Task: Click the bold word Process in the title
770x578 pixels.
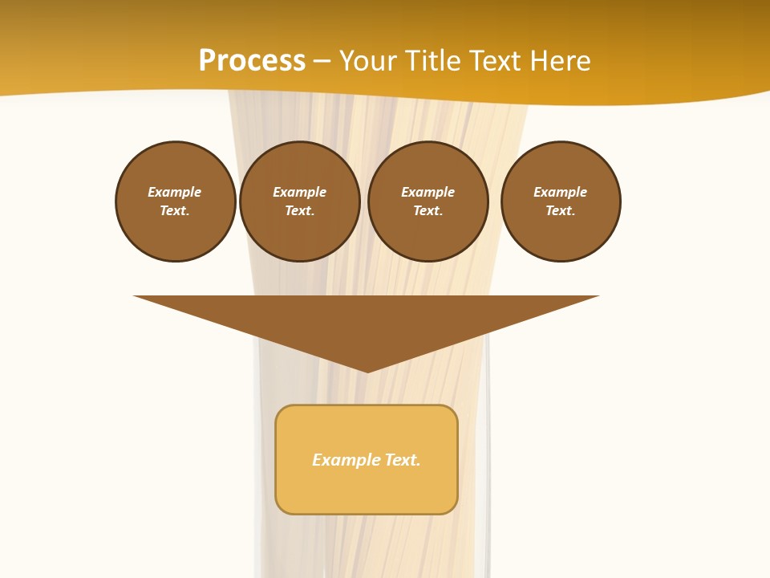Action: pos(252,61)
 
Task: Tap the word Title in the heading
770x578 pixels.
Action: pos(436,61)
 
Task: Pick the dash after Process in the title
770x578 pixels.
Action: pos(322,62)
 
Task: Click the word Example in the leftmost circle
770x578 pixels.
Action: pos(175,192)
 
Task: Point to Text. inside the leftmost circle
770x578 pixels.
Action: pos(175,211)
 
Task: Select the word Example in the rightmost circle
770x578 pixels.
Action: pos(561,192)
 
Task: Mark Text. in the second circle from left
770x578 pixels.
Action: pos(300,211)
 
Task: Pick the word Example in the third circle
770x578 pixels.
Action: pos(428,192)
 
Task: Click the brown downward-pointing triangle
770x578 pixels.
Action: pos(367,321)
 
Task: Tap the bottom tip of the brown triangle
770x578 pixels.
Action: pos(367,370)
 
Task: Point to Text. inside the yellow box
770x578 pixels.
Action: pos(403,460)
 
